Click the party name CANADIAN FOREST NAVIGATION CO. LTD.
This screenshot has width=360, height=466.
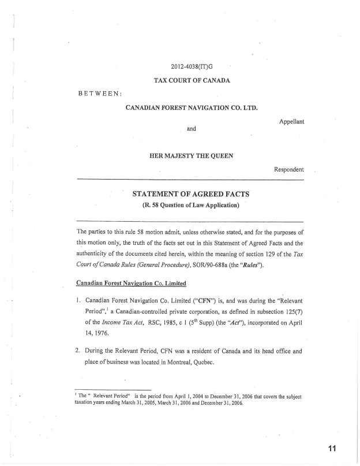(192, 107)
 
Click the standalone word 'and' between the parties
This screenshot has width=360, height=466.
(192, 129)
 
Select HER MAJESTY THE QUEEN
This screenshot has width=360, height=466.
(192, 155)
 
